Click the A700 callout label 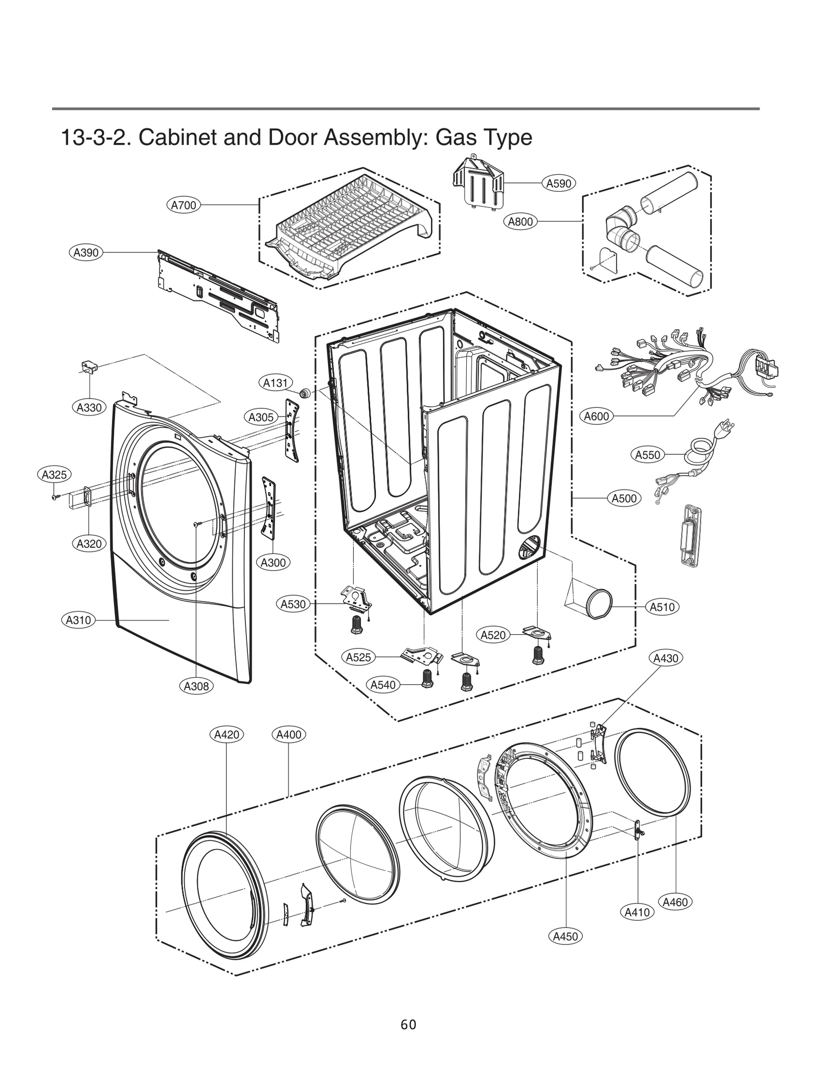[x=184, y=205]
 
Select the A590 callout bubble [x=558, y=183]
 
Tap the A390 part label [x=86, y=252]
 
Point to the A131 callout [x=276, y=383]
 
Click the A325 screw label [x=54, y=475]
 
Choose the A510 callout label [x=662, y=607]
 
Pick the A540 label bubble [x=383, y=685]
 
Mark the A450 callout [x=565, y=936]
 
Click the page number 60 [x=408, y=1024]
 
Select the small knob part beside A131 [x=305, y=393]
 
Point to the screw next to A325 [x=55, y=496]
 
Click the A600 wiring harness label [x=597, y=416]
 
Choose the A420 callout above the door [x=226, y=735]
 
